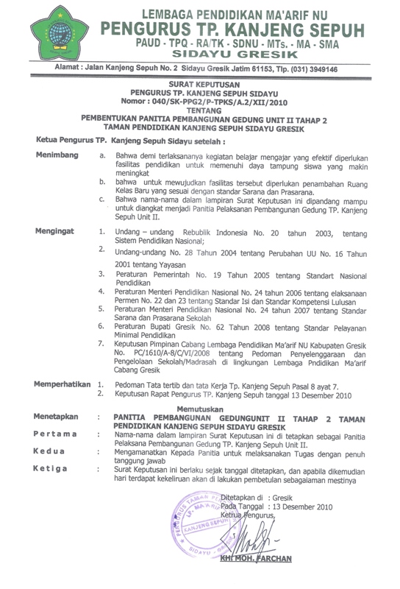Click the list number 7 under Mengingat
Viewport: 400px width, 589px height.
[x=101, y=344]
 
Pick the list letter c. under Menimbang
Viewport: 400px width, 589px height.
[x=101, y=200]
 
